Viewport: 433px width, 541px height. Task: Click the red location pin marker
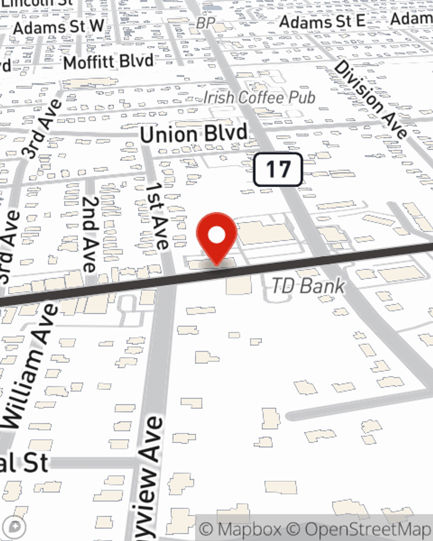tap(216, 236)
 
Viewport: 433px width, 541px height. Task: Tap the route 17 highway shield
tap(278, 169)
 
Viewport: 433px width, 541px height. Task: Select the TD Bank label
tap(308, 286)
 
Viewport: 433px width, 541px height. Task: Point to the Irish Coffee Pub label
tap(259, 98)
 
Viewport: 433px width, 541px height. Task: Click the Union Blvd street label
tap(194, 133)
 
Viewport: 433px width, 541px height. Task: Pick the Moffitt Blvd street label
tap(108, 61)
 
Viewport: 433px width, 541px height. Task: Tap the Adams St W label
tap(58, 27)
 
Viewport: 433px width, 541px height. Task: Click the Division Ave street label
tap(370, 99)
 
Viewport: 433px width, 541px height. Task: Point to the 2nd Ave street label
tap(90, 234)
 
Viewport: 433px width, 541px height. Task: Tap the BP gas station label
tap(205, 23)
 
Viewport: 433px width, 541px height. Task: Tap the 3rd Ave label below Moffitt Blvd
tap(41, 129)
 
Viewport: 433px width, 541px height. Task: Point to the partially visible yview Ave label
tap(149, 478)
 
